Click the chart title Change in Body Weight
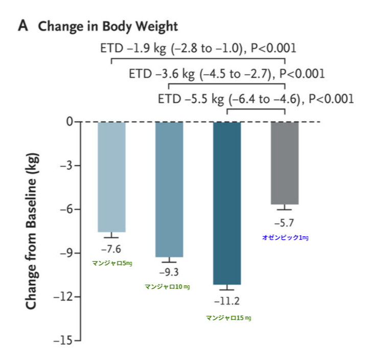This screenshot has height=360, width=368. [108, 27]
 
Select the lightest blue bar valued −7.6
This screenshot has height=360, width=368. [111, 177]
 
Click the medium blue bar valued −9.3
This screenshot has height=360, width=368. [169, 189]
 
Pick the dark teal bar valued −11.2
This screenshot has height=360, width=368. [227, 203]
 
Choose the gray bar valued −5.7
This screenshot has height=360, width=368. [285, 163]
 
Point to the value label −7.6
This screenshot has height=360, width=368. [111, 249]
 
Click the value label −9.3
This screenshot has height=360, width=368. [169, 272]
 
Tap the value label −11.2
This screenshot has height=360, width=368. [227, 301]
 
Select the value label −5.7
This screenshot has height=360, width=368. [284, 223]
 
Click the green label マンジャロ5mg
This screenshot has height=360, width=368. [112, 263]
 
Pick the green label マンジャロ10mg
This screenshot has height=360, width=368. [167, 286]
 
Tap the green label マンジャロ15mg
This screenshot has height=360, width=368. [228, 318]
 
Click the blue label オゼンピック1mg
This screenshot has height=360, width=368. [285, 237]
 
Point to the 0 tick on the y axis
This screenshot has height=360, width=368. [70, 122]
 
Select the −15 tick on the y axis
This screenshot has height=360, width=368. [64, 340]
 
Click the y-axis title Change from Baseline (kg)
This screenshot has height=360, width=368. [32, 230]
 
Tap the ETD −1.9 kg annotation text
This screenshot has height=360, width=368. [198, 49]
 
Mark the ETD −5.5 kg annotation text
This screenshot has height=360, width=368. [256, 99]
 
